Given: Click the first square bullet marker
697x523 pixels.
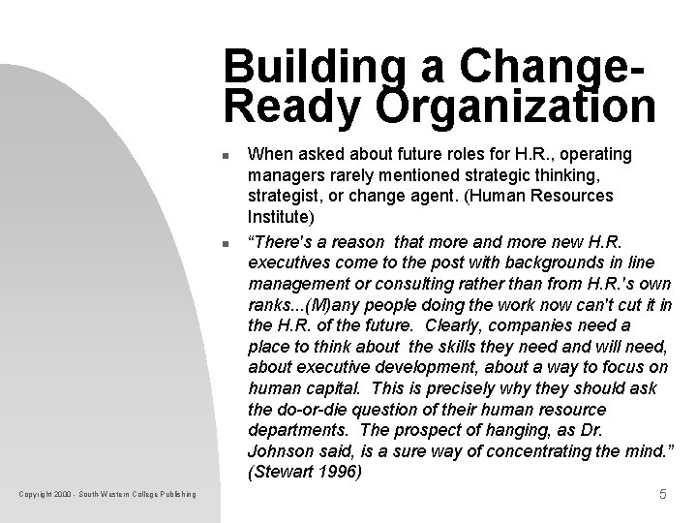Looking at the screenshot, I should click(224, 155).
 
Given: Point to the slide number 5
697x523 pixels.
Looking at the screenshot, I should click(662, 495).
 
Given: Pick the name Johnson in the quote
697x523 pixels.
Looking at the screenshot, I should click(282, 450).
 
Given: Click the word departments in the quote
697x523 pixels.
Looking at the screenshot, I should click(296, 430).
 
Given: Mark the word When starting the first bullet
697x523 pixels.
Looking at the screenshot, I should click(268, 154).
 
